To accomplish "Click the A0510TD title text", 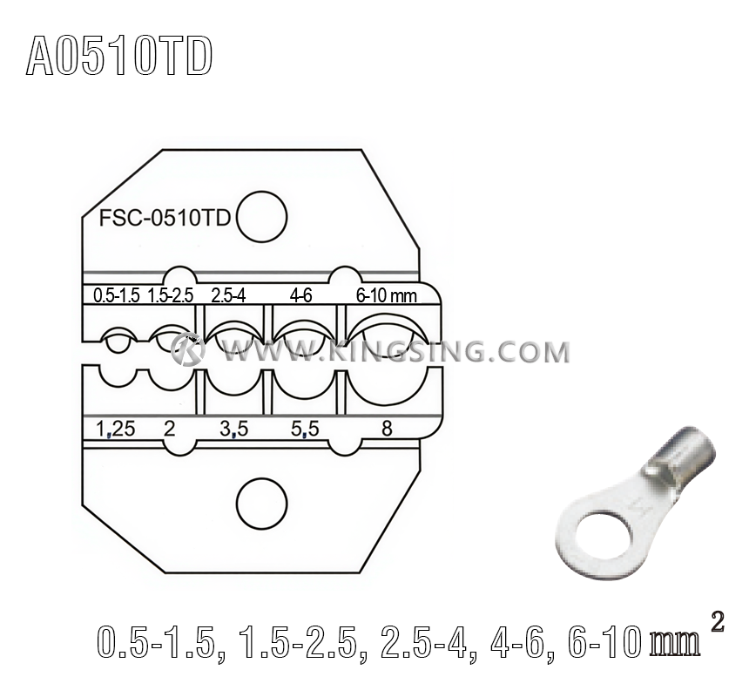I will (119, 58).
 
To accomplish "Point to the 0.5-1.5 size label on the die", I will (116, 295).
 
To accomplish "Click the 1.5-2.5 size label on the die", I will (170, 295).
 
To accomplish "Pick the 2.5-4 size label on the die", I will (228, 295).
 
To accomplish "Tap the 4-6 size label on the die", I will (301, 295).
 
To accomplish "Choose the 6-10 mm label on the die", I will (386, 295).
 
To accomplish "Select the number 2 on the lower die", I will (170, 427).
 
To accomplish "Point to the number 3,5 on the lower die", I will (233, 427).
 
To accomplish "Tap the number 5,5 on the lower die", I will (302, 427).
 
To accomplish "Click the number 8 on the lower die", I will (386, 427).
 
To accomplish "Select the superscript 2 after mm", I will (717, 621).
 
